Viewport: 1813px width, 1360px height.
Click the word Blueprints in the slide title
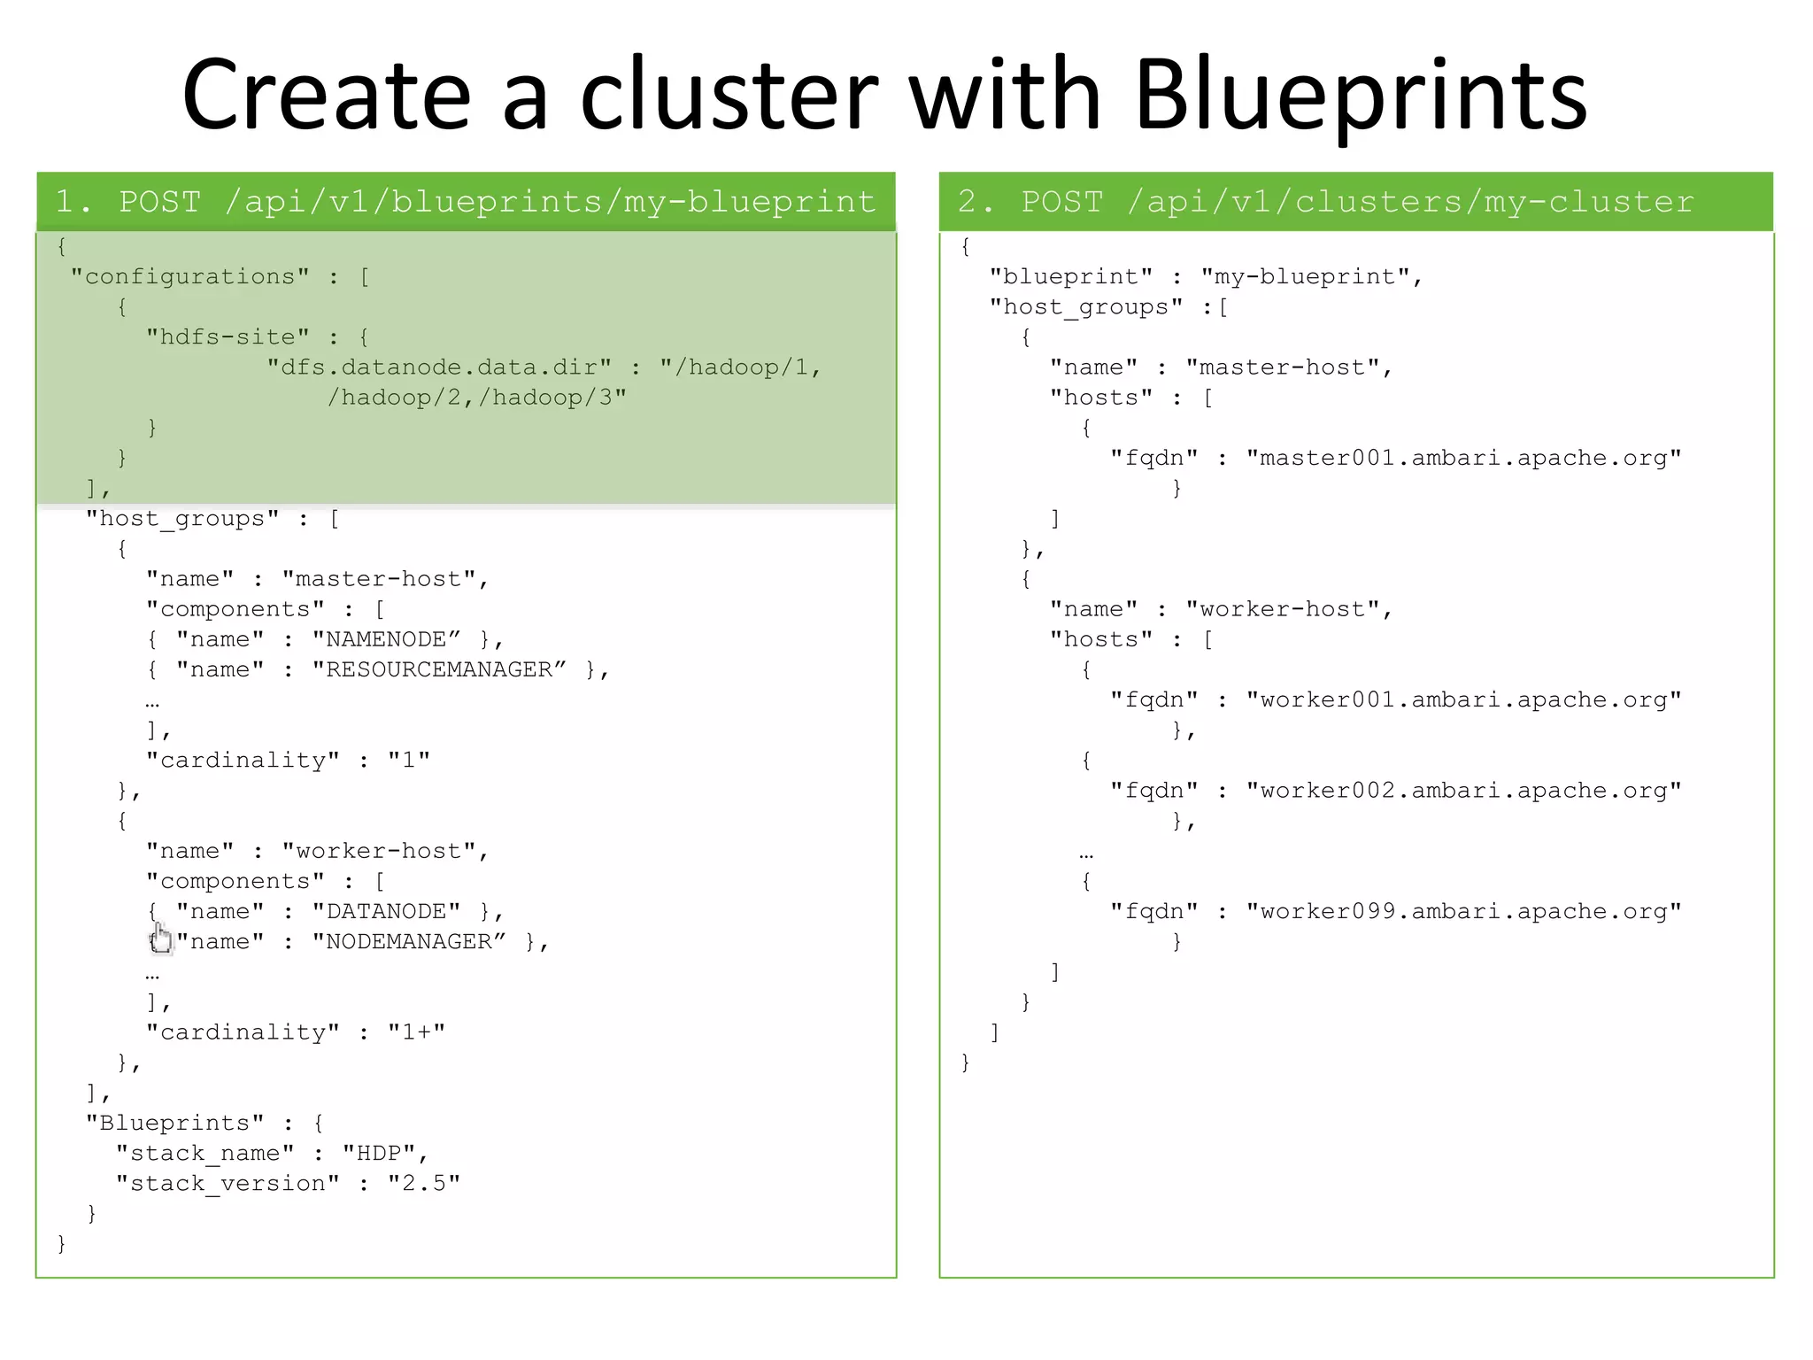[1361, 96]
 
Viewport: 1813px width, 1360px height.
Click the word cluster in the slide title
[729, 96]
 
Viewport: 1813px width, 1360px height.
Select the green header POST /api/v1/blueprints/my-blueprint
[466, 202]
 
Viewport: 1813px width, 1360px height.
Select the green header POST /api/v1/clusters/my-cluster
[1355, 202]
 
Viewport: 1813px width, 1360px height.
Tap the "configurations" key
[190, 277]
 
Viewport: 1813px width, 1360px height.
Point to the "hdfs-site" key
[228, 337]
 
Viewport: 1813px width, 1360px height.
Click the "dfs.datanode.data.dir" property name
[440, 367]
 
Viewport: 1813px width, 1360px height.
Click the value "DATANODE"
[387, 911]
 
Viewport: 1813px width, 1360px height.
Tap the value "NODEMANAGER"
[409, 941]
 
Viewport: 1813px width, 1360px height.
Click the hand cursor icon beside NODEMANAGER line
[160, 939]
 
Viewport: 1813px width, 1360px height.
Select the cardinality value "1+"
[417, 1032]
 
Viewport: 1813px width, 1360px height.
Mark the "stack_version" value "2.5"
[424, 1184]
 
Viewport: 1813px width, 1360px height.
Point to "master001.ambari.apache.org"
[1464, 458]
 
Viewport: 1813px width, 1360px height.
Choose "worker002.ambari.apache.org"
[1464, 791]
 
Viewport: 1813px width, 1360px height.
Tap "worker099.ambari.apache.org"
[1464, 911]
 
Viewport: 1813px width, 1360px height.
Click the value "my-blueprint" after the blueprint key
[1306, 277]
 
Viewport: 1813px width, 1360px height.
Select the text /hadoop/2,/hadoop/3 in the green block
[477, 398]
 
